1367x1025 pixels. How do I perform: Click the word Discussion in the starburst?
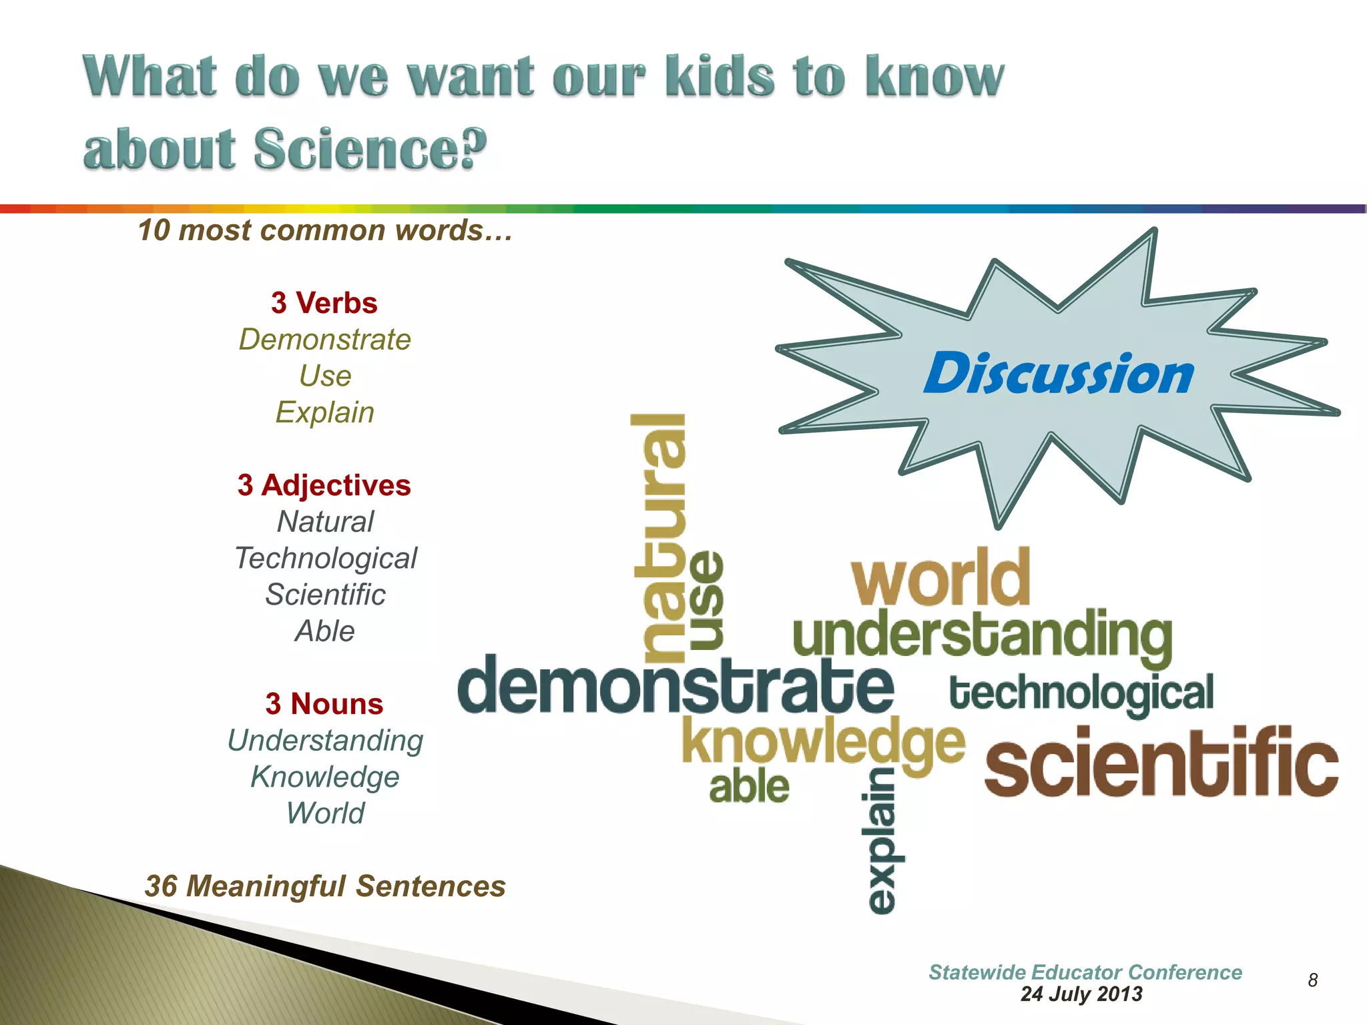[1059, 374]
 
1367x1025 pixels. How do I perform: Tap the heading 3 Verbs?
[324, 303]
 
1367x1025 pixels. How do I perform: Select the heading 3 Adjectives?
[324, 485]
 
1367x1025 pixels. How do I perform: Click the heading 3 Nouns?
[324, 704]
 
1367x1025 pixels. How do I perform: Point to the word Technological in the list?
[326, 559]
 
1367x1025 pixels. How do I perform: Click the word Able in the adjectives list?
[325, 631]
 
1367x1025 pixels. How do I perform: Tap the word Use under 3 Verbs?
[325, 376]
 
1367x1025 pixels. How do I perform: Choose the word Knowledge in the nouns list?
[325, 777]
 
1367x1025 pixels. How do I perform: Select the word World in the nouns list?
[325, 813]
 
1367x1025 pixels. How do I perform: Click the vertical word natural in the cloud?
[659, 537]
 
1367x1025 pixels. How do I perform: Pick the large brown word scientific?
[1161, 763]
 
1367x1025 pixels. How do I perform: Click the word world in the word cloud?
[941, 577]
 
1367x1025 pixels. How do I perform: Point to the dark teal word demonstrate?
[675, 685]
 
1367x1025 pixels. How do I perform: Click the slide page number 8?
[1312, 980]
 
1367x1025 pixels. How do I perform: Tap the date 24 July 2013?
[1081, 994]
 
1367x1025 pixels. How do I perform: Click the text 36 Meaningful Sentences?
[325, 886]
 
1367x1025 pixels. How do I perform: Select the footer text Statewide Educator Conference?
[1085, 972]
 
